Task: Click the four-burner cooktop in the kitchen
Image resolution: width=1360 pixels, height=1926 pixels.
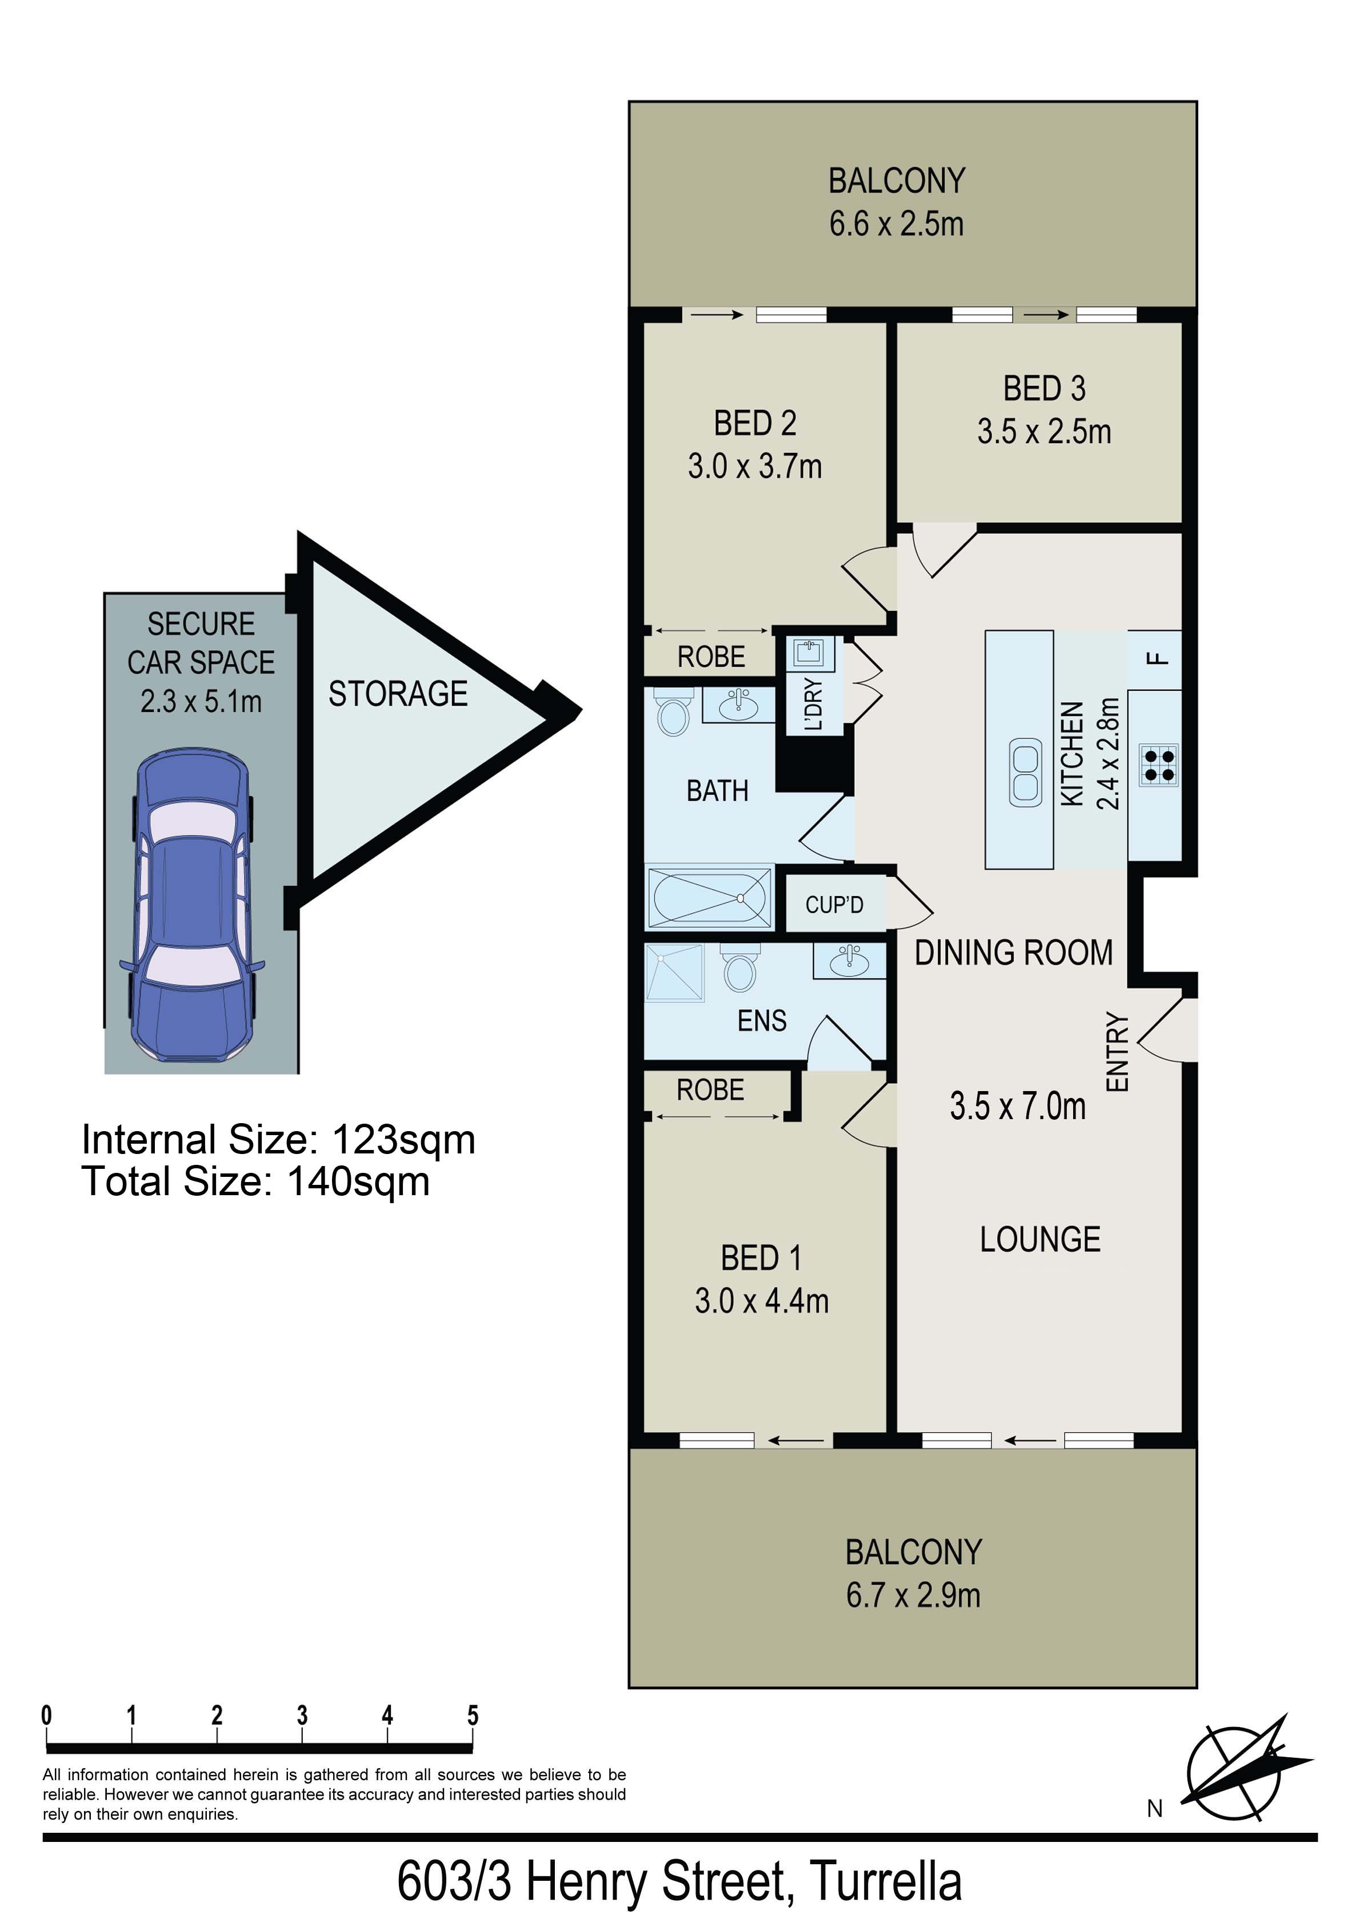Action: pyautogui.click(x=1159, y=765)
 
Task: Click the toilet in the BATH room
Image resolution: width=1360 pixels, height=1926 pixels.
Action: pyautogui.click(x=673, y=712)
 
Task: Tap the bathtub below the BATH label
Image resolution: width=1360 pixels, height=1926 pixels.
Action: pyautogui.click(x=709, y=897)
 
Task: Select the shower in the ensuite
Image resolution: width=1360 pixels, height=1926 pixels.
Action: pyautogui.click(x=674, y=973)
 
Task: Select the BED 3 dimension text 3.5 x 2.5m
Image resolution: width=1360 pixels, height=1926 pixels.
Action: pyautogui.click(x=1044, y=432)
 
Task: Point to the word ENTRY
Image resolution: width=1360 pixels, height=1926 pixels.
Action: pyautogui.click(x=1118, y=1052)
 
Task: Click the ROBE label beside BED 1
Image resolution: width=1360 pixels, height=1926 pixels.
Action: pyautogui.click(x=710, y=1090)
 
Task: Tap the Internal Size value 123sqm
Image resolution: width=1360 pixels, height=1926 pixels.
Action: pyautogui.click(x=404, y=1140)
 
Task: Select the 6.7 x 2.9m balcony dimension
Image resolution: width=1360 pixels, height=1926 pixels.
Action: pyautogui.click(x=913, y=1595)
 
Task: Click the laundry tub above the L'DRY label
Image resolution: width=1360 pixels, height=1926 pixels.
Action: pyautogui.click(x=810, y=652)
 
